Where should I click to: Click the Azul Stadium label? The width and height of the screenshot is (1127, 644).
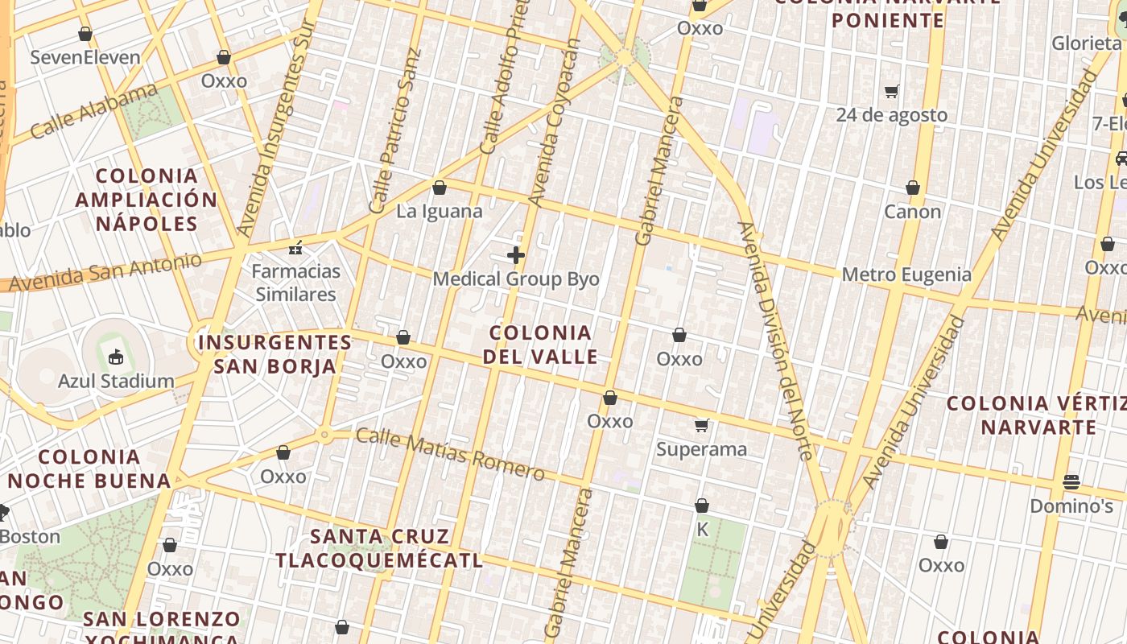pos(116,381)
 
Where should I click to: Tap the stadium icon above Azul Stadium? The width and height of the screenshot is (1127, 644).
pos(116,355)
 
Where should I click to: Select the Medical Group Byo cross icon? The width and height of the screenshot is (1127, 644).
pos(516,256)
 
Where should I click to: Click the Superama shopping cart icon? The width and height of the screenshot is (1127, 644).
pos(702,425)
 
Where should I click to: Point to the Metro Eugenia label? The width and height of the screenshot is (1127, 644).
pos(906,275)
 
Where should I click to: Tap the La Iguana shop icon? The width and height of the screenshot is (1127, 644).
pos(440,188)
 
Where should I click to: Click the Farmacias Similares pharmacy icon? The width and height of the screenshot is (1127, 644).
pos(296,248)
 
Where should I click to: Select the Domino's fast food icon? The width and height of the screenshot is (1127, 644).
pos(1071,482)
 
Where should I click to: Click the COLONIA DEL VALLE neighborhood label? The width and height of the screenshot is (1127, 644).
pos(541,345)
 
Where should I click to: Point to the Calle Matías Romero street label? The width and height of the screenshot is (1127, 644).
pos(450,455)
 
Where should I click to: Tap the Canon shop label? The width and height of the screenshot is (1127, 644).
pos(912,212)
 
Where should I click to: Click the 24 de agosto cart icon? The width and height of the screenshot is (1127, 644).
pos(891,92)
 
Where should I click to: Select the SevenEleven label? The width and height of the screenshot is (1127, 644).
pos(85,57)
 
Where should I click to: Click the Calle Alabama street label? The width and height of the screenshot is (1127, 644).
pos(95,110)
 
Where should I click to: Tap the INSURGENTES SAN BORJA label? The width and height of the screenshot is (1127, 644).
pos(275,354)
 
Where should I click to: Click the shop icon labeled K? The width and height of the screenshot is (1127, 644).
pos(702,506)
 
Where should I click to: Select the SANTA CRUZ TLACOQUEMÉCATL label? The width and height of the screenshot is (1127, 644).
pos(379,548)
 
